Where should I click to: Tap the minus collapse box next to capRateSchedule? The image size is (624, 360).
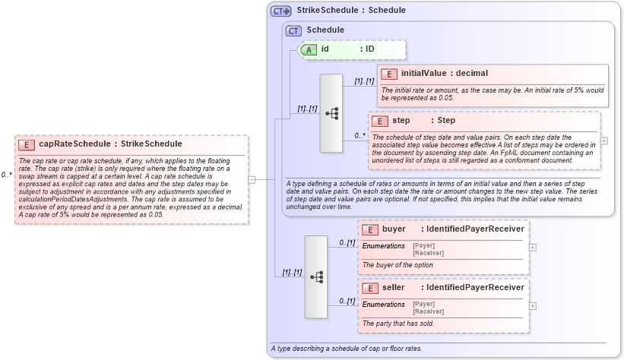point(252,179)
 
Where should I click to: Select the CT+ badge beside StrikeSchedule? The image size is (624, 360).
point(281,11)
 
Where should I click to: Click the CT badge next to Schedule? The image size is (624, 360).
point(293,30)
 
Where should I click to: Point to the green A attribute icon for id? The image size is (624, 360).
point(309,49)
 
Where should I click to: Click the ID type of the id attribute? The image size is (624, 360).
point(369,49)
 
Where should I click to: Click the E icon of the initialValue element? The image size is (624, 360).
point(389,74)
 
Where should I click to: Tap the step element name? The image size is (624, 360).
point(401,121)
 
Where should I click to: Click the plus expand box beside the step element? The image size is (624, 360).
point(603,141)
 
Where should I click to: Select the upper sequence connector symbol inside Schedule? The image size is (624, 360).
point(332,113)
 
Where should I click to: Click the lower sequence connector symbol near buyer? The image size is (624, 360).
point(316,276)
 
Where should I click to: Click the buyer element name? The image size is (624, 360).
point(394,229)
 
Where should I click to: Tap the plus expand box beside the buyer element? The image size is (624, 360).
point(532,247)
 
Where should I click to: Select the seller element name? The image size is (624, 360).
point(394,288)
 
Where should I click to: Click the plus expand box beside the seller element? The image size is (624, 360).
point(532,306)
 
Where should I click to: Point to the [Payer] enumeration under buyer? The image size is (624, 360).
point(423,245)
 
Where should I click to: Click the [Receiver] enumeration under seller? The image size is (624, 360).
point(429,311)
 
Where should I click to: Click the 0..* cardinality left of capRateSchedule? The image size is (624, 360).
point(7,175)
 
